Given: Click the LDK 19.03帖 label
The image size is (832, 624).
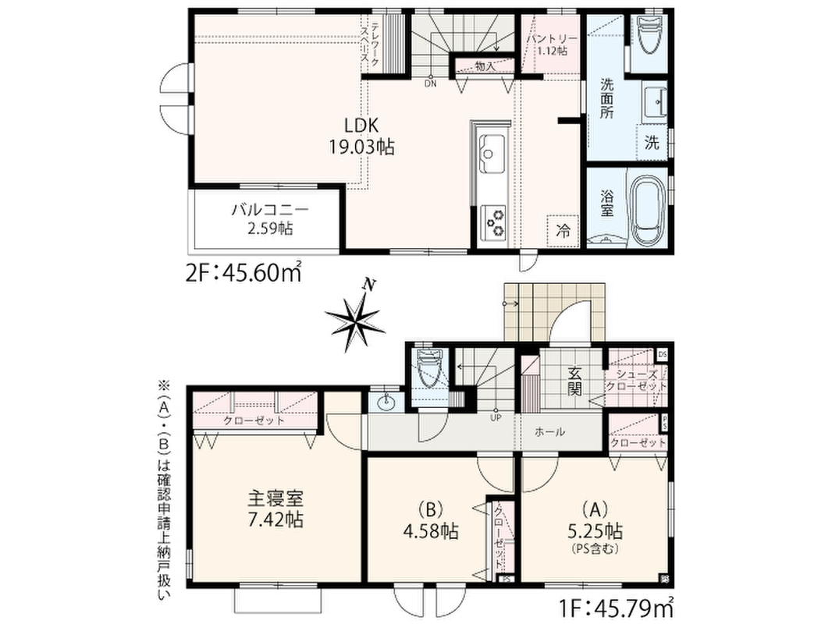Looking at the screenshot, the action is pyautogui.click(x=361, y=136).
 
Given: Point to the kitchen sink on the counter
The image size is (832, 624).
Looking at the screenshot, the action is pyautogui.click(x=492, y=154).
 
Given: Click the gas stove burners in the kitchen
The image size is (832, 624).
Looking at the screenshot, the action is pyautogui.click(x=493, y=222).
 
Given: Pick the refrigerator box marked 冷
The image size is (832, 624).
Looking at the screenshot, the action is pyautogui.click(x=563, y=231).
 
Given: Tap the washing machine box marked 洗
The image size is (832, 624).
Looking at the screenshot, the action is pyautogui.click(x=652, y=142).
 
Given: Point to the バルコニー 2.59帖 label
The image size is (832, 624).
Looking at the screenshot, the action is pyautogui.click(x=270, y=219).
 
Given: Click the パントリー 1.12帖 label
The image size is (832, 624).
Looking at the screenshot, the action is pyautogui.click(x=551, y=44).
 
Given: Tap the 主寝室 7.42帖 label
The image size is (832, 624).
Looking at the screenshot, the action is pyautogui.click(x=276, y=509).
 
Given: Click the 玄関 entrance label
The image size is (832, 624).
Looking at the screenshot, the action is pyautogui.click(x=574, y=381).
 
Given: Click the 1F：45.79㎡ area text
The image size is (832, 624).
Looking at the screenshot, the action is pyautogui.click(x=615, y=608).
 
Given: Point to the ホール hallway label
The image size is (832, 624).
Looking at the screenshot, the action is pyautogui.click(x=549, y=432).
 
